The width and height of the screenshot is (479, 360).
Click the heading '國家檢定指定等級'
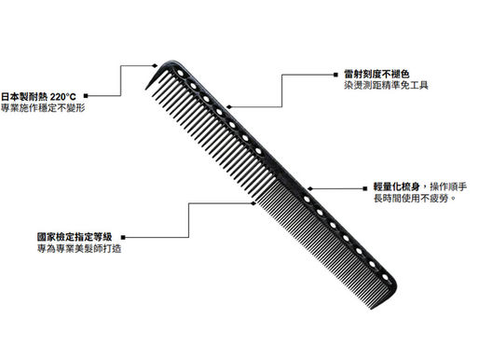75,238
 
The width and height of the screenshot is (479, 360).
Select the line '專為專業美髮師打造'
75,251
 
